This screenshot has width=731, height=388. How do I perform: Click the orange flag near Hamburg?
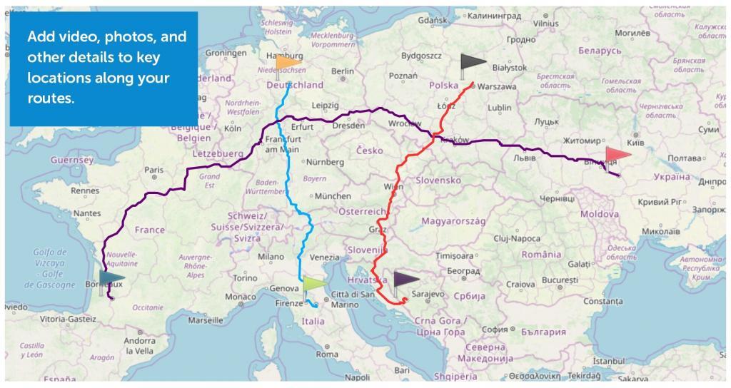click(x=288, y=63)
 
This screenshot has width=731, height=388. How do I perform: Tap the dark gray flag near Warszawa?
click(x=472, y=63)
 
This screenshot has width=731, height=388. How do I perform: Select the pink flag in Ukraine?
click(x=617, y=154)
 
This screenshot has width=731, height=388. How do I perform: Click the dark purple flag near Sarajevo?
click(x=405, y=279)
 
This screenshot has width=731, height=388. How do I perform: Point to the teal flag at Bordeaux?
click(x=111, y=278)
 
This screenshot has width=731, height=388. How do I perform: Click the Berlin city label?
click(x=342, y=71)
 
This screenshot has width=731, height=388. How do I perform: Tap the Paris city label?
click(x=153, y=170)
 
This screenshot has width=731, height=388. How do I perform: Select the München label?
click(x=333, y=196)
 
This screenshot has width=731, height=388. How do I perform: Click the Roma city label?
click(x=327, y=354)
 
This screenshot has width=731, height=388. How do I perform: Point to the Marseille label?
click(x=205, y=320)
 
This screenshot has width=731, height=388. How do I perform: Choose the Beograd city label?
click(x=463, y=271)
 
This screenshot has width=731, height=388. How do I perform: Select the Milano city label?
click(x=271, y=257)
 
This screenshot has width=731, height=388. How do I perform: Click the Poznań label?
click(x=403, y=76)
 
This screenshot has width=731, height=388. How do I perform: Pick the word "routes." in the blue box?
click(x=51, y=99)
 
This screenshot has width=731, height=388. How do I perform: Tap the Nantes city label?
click(x=86, y=213)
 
